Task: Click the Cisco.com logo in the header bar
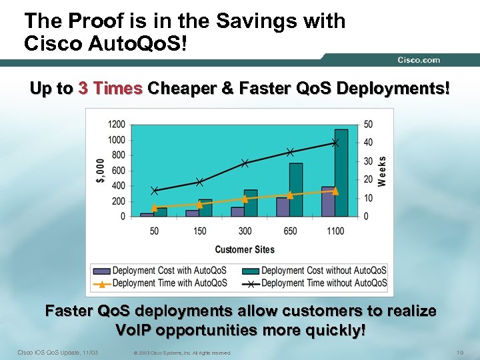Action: click(419, 60)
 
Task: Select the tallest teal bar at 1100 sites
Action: click(341, 173)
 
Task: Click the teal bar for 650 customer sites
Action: click(296, 190)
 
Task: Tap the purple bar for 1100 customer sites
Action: click(328, 201)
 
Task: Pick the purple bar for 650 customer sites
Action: click(283, 207)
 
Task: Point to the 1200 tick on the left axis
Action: click(117, 125)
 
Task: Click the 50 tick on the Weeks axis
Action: click(368, 125)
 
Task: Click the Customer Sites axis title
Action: click(244, 249)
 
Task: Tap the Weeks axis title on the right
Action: click(381, 171)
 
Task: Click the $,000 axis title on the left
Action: click(99, 171)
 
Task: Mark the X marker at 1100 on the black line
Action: click(335, 143)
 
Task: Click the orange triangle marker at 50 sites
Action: click(154, 208)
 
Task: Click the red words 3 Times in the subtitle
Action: click(110, 89)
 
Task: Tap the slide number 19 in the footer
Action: click(459, 352)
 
